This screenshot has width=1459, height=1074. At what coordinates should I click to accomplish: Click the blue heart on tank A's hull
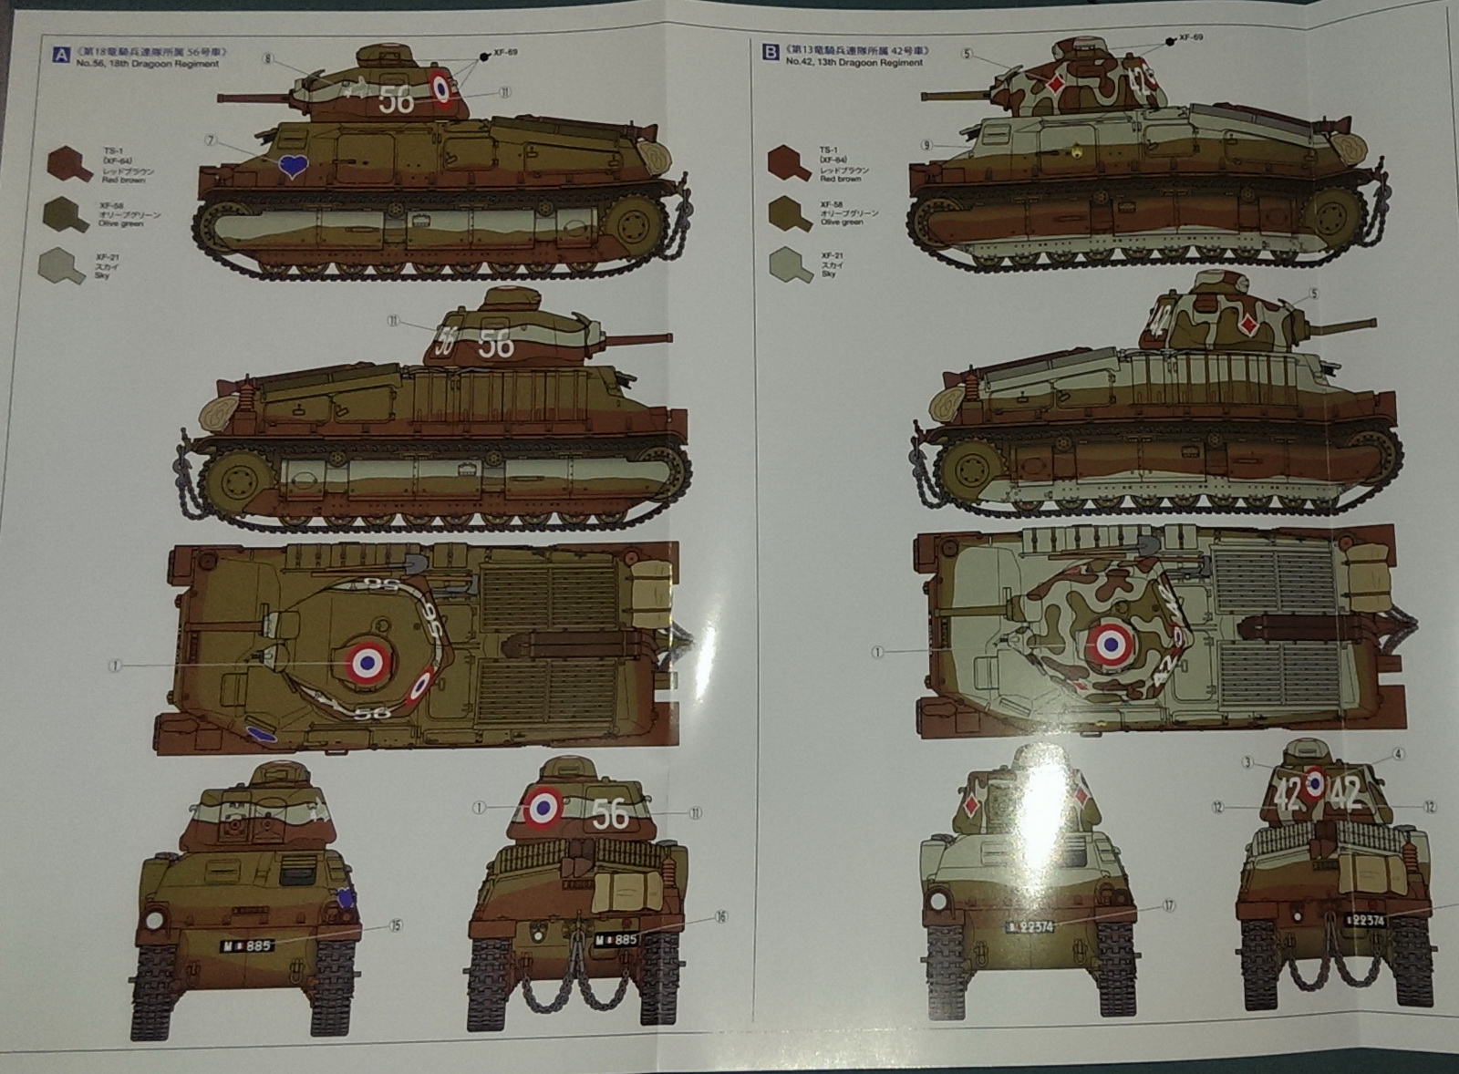[x=292, y=166]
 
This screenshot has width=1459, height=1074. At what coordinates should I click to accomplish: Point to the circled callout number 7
[x=212, y=140]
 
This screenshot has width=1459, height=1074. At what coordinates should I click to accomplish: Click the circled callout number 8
[x=268, y=59]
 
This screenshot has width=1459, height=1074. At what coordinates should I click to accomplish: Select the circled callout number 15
[x=394, y=924]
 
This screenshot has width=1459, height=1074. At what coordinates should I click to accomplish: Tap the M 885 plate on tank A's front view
[x=243, y=945]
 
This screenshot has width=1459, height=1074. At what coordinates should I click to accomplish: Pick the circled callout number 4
[x=1399, y=754]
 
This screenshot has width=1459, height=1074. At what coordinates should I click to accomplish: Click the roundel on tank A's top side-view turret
[x=440, y=88]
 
